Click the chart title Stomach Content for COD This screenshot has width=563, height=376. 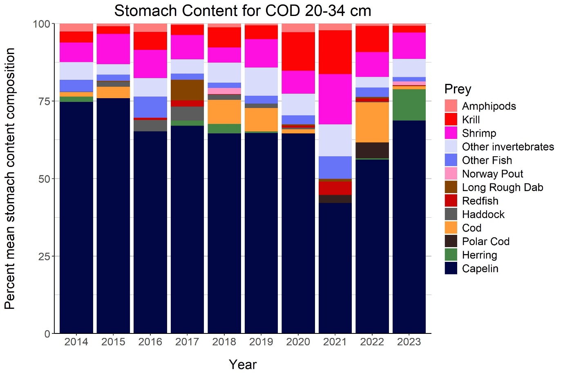243,11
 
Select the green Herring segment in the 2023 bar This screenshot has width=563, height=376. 409,105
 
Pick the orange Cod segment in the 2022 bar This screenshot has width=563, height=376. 372,122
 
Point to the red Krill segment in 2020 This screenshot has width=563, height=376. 298,51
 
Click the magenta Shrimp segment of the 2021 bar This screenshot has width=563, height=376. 335,99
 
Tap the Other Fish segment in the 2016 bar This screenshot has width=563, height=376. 150,107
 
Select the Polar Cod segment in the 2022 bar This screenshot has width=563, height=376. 372,150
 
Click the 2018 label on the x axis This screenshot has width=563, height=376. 224,342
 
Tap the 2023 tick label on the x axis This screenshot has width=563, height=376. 409,342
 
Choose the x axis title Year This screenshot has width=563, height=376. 243,364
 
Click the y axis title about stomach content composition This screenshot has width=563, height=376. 10,178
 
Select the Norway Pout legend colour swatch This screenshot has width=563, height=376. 451,174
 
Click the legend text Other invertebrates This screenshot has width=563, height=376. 508,147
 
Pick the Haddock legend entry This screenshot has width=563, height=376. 483,214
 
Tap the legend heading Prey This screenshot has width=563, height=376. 458,89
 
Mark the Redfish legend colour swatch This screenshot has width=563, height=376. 451,201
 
